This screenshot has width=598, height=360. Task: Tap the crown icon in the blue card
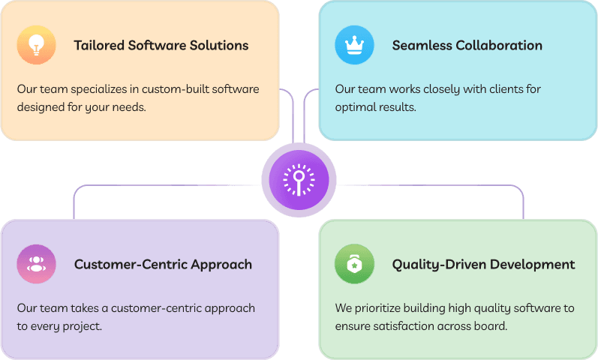(354, 45)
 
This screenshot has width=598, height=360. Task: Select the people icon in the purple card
(36, 264)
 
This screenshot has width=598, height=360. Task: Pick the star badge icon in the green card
(354, 264)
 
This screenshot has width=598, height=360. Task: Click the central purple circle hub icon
(299, 180)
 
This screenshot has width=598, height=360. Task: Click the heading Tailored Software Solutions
(161, 45)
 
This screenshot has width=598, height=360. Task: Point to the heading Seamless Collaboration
(467, 45)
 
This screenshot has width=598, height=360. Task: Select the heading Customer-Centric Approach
(163, 264)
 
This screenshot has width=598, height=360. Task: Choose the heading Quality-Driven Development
(483, 264)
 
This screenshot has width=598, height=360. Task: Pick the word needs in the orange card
(128, 106)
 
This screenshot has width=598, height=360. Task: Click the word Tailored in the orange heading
(99, 45)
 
